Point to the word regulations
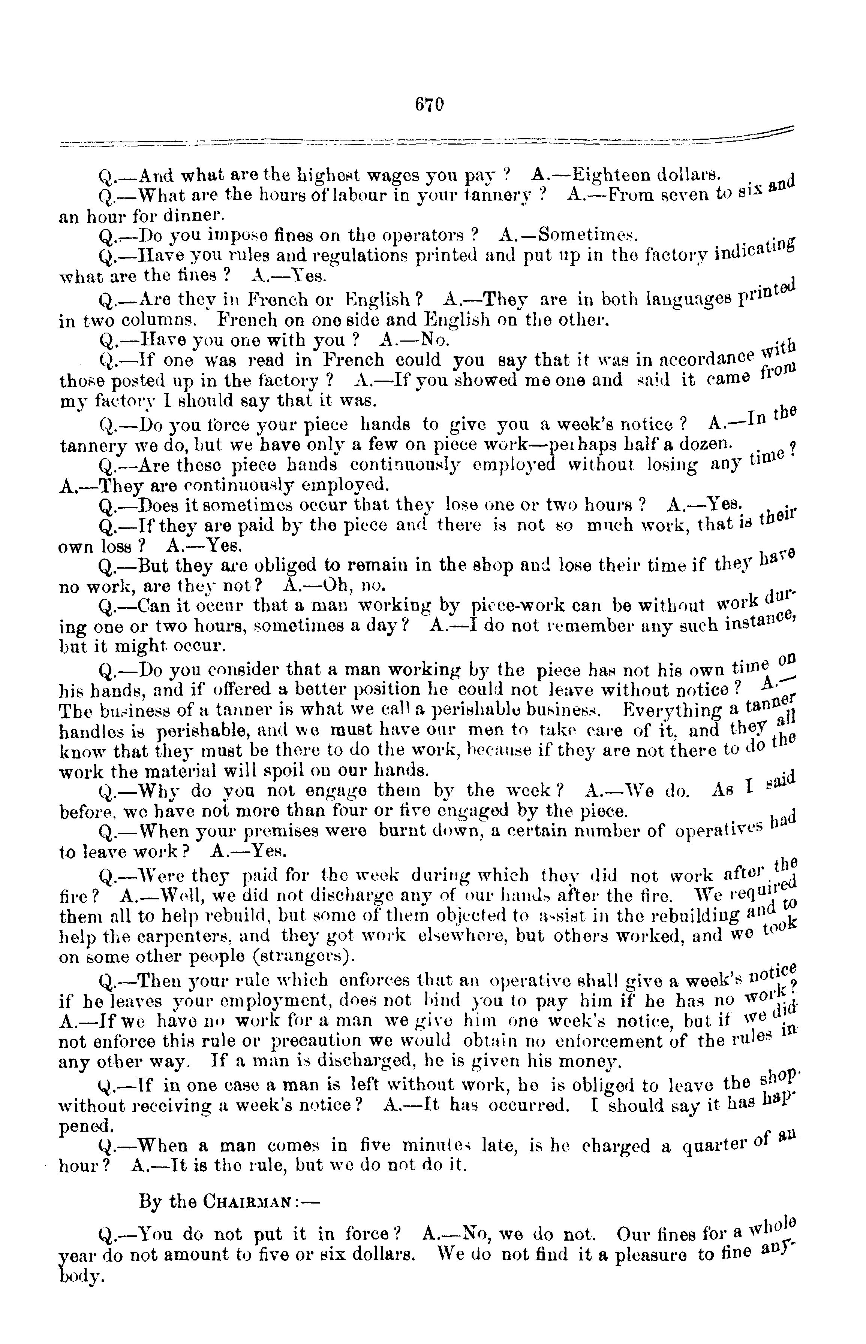(359, 255)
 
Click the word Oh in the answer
(339, 585)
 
